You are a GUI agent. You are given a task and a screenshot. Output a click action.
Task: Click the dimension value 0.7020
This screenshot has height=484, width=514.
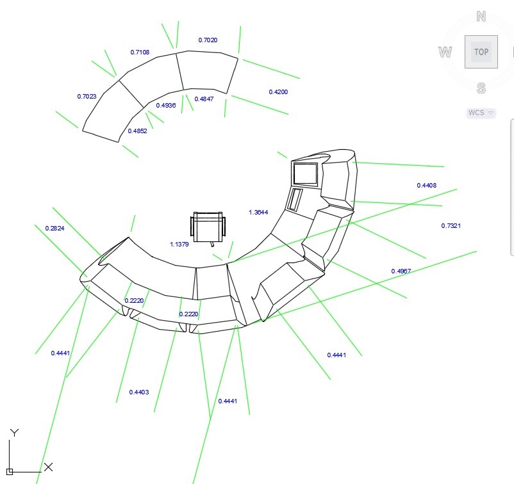click(x=208, y=40)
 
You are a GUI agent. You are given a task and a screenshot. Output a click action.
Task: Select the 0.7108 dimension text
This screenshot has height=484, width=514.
click(x=140, y=52)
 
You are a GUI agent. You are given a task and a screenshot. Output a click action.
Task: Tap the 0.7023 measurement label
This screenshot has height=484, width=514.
click(x=87, y=96)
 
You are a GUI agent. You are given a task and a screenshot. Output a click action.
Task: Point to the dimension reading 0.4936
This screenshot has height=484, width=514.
click(x=166, y=105)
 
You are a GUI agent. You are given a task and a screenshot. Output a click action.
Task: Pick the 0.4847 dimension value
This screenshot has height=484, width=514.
click(x=204, y=99)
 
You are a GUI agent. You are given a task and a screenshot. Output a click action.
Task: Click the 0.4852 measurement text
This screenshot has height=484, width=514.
click(x=137, y=131)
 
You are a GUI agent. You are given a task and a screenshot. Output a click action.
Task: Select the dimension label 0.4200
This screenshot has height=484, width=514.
click(x=278, y=92)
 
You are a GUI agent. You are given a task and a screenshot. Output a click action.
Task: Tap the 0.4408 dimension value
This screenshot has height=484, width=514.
click(x=427, y=186)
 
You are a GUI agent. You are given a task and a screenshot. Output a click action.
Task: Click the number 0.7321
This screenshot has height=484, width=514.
click(x=451, y=225)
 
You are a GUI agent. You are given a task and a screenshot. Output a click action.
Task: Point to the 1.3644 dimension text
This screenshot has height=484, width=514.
click(x=258, y=212)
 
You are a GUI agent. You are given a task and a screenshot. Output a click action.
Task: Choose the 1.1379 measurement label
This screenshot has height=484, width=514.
click(x=179, y=245)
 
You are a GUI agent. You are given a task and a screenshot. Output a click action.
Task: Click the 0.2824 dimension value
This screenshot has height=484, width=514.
click(x=54, y=229)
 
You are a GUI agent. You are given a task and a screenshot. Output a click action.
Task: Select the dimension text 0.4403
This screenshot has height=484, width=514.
click(x=139, y=392)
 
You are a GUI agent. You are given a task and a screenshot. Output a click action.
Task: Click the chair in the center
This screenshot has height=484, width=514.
click(x=208, y=227)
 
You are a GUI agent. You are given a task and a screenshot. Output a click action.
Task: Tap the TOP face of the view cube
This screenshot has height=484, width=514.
click(x=481, y=52)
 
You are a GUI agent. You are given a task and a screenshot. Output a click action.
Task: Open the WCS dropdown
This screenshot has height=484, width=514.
click(x=481, y=113)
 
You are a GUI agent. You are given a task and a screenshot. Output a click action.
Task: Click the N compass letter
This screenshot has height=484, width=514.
click(x=481, y=16)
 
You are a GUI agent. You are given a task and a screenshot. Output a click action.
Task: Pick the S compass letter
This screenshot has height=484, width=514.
click(x=481, y=88)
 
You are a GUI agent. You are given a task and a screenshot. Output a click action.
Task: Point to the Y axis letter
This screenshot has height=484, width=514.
click(x=14, y=433)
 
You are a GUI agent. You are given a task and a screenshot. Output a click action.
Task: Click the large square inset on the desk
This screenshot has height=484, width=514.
click(x=305, y=174)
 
